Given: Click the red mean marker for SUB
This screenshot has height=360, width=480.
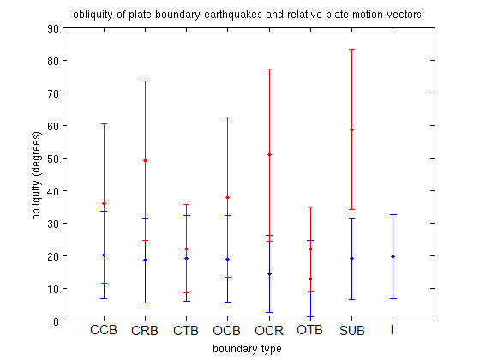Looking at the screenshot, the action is (x=351, y=129).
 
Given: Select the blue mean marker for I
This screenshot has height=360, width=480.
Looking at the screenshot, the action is (x=393, y=256).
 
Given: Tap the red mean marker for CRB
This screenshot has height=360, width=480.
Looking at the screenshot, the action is (x=145, y=161).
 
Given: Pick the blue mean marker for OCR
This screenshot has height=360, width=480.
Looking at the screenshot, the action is (x=269, y=273).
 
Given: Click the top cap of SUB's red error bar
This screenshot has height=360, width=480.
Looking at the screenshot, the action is (x=351, y=50).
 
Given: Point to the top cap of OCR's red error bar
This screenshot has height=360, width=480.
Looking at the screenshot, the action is (x=269, y=69).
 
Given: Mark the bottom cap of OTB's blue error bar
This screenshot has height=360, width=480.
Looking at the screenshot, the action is (x=310, y=316).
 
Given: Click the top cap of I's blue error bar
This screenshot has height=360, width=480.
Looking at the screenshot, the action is (x=393, y=214).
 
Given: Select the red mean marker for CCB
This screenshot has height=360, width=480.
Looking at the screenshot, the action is (x=104, y=204).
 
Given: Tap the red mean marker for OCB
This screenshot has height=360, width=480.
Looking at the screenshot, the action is (x=227, y=197).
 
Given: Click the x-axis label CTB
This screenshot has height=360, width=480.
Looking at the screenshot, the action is (x=186, y=331).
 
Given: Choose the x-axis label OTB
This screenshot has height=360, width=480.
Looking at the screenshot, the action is (x=309, y=330).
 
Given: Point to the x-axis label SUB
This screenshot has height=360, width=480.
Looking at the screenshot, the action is (x=352, y=331).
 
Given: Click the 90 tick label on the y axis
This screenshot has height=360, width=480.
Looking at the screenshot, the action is (x=52, y=28).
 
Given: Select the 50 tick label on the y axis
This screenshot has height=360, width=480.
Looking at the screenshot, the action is (x=52, y=159).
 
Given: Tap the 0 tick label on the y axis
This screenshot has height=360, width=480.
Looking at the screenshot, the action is (x=56, y=321).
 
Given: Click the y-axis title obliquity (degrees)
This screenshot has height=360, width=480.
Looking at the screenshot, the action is (x=36, y=176).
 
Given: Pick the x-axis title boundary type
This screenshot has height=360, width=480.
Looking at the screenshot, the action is (x=247, y=349).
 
